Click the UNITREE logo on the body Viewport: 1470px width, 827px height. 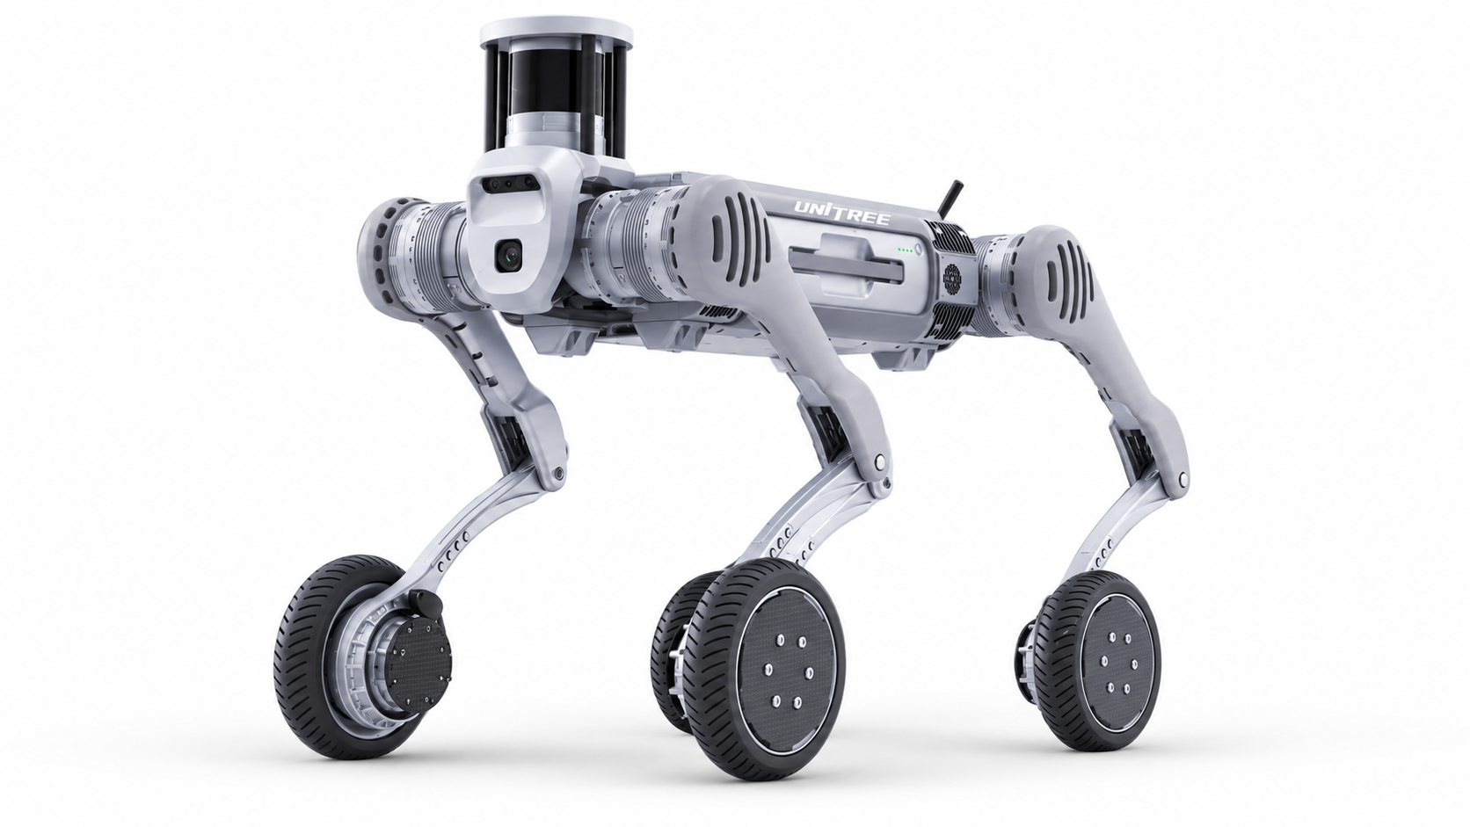click(x=842, y=212)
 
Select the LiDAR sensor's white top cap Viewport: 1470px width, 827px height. click(x=557, y=33)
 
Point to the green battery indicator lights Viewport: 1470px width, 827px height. click(x=906, y=250)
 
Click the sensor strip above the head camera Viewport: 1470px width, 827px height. click(x=508, y=183)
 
